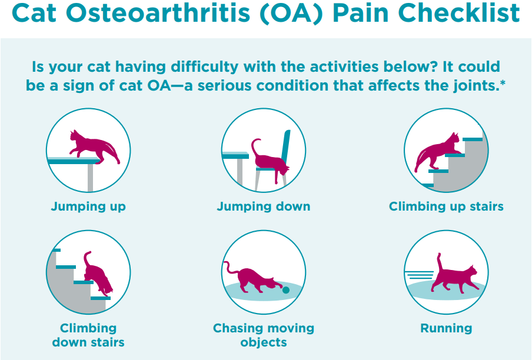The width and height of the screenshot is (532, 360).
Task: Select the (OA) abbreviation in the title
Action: tap(291, 14)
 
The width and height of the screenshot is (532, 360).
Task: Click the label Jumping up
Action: tap(88, 206)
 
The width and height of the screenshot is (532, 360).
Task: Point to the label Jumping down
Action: tap(264, 206)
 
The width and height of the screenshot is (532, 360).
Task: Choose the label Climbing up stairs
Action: tap(446, 206)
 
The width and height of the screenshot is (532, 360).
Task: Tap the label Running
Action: tap(446, 328)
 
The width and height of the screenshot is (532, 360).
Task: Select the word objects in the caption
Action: tap(264, 342)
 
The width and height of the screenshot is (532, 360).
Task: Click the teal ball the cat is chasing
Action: tap(286, 290)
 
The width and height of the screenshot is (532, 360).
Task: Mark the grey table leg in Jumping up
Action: tap(90, 178)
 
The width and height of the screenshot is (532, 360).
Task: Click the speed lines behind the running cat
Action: tap(420, 275)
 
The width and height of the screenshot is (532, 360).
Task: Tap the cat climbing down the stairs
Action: tap(97, 273)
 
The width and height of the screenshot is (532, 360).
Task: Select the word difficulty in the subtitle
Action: tap(205, 67)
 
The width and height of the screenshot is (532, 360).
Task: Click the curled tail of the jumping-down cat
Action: tap(254, 146)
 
